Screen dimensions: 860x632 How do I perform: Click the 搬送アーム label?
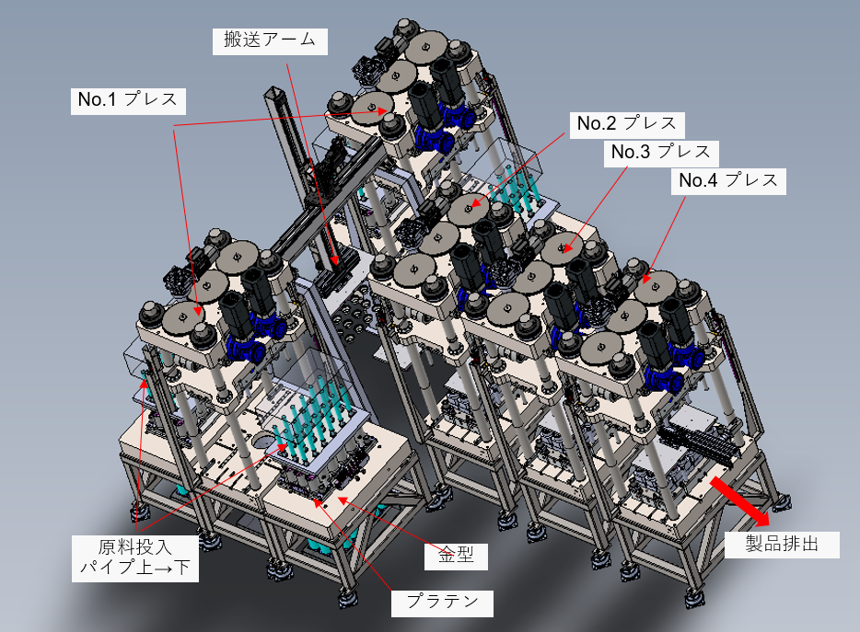tap(270, 41)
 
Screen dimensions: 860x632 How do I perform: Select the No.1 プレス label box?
tap(128, 101)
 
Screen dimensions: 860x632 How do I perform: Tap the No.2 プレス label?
tap(627, 125)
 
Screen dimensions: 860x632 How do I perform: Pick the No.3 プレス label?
tap(661, 154)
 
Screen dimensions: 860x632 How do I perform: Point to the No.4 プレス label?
tap(728, 182)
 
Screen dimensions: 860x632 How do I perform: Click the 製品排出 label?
tap(782, 545)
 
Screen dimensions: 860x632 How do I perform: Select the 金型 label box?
tap(456, 556)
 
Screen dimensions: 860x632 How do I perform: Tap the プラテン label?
tap(442, 603)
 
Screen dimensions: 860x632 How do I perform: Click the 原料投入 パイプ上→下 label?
tap(135, 558)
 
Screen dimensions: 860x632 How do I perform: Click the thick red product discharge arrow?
tap(740, 500)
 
